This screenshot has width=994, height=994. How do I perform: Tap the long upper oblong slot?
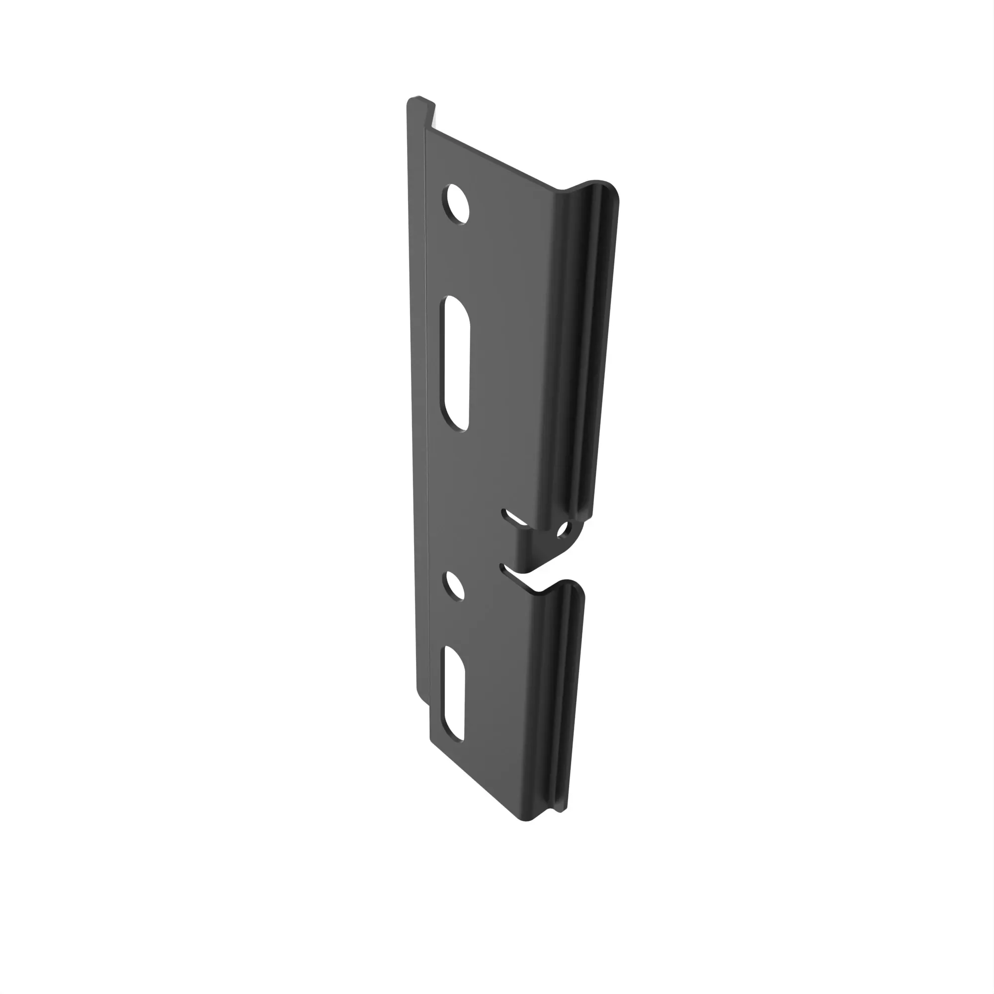click(457, 363)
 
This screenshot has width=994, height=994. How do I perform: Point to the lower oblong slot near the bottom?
click(454, 694)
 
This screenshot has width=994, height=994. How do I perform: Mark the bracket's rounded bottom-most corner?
click(525, 819)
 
